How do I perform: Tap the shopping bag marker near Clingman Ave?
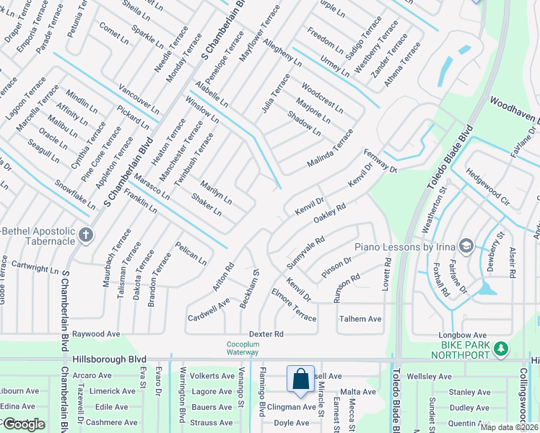tap(300, 379)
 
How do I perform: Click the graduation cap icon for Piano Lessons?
tap(466, 247)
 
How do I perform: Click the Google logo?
tap(23, 424)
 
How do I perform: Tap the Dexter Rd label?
tap(266, 334)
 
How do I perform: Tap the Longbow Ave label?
tap(463, 335)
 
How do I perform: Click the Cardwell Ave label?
tap(209, 309)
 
